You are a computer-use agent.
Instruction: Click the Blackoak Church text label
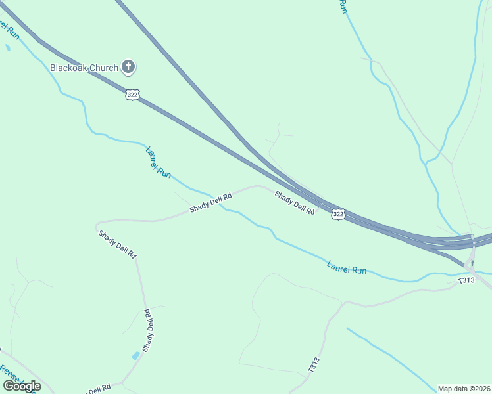click(x=84, y=67)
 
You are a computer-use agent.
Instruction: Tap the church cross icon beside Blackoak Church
click(x=129, y=66)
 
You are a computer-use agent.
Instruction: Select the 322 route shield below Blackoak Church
click(x=133, y=95)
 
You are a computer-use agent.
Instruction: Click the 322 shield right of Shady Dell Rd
click(x=337, y=214)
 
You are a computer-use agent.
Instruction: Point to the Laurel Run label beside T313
click(x=347, y=268)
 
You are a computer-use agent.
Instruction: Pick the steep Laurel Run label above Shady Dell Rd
click(x=159, y=162)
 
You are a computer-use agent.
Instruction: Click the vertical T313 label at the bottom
click(x=313, y=366)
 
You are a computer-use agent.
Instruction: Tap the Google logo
click(x=22, y=386)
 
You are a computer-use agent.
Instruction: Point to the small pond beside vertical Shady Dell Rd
click(x=135, y=356)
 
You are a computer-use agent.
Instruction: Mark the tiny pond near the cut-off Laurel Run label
click(x=8, y=48)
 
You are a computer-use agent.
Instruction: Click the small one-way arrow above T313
click(x=472, y=263)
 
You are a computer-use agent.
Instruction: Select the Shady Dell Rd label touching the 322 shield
click(x=294, y=202)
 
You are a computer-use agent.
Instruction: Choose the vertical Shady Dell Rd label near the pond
click(x=149, y=330)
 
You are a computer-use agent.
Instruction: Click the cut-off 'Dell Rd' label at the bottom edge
click(x=99, y=389)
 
